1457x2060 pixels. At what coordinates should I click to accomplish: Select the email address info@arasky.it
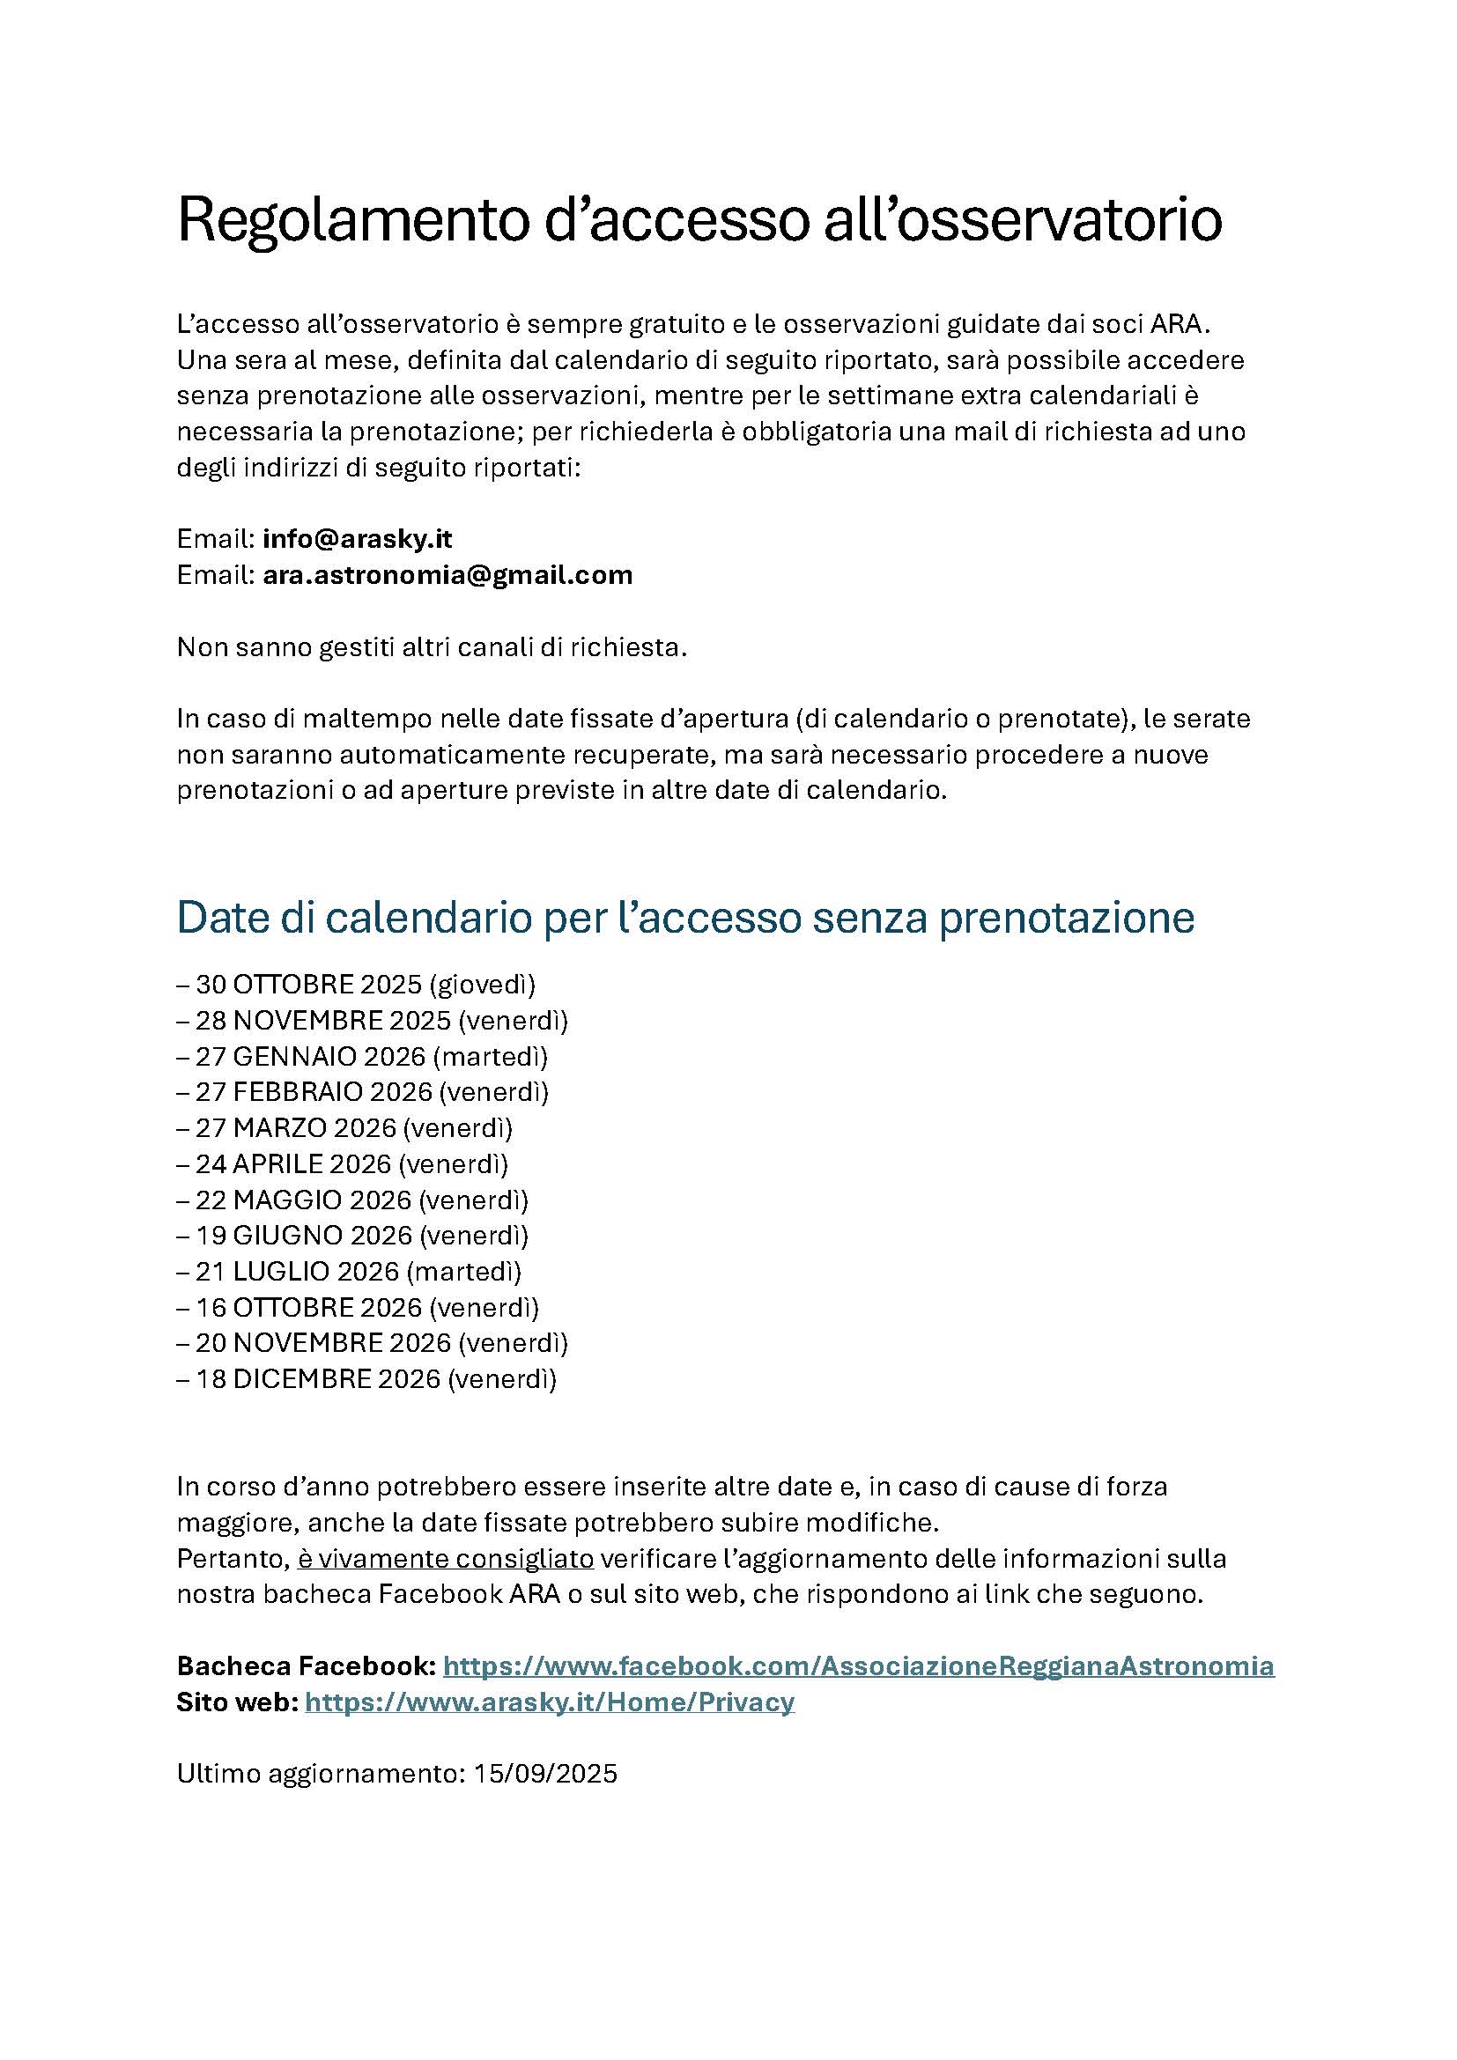[x=357, y=539]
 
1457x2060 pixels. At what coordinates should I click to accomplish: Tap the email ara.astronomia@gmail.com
[x=447, y=575]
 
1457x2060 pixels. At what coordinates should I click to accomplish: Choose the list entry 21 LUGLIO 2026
[x=297, y=1272]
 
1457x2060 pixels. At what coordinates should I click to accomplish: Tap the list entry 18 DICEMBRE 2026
[x=318, y=1379]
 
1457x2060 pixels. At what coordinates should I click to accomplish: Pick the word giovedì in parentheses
[x=483, y=986]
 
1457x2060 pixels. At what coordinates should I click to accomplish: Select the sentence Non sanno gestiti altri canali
[x=432, y=647]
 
